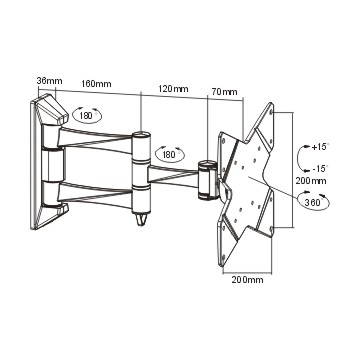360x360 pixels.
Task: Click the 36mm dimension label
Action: (49, 81)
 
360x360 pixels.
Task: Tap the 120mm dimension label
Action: (173, 89)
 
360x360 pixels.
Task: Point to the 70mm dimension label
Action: (224, 92)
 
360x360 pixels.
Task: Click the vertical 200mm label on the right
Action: (311, 181)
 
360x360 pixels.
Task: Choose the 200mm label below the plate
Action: (247, 280)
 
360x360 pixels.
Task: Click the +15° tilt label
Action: (320, 147)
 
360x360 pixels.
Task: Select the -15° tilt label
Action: (320, 168)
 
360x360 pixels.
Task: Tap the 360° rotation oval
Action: (314, 201)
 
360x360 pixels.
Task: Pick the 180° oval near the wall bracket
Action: (87, 115)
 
